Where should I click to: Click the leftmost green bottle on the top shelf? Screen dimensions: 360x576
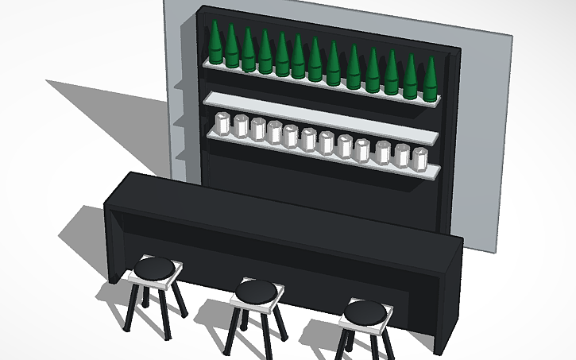215,44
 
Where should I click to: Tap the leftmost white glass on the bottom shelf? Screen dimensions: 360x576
222,124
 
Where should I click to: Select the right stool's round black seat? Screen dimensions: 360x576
365,312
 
